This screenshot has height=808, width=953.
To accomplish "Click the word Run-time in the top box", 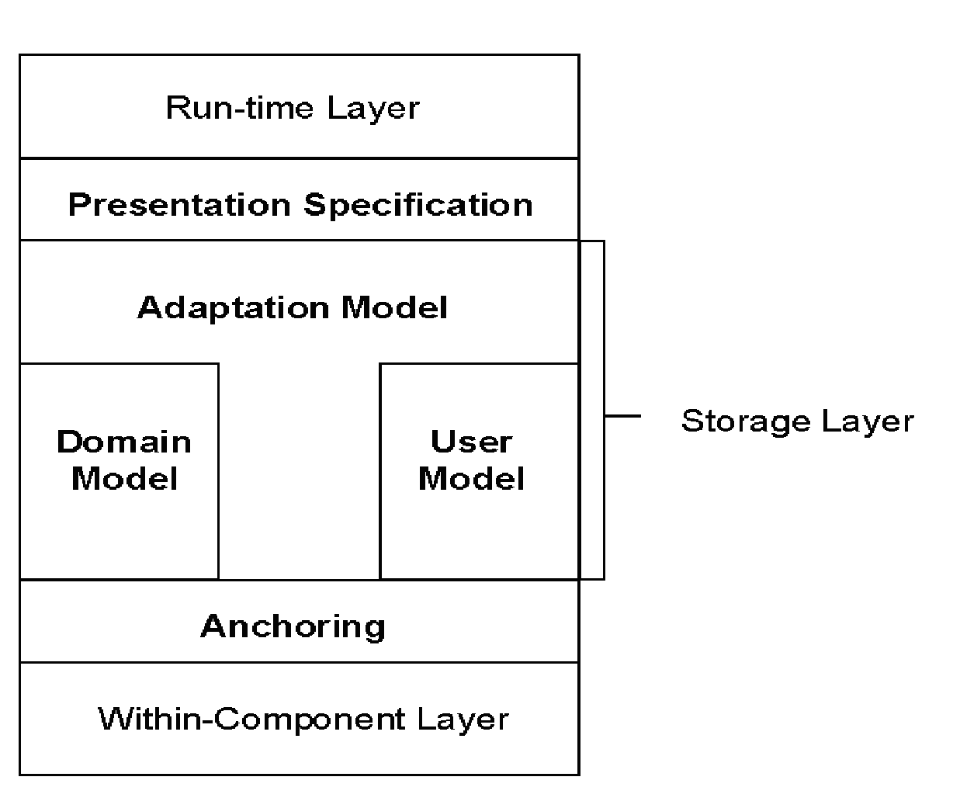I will [x=242, y=107].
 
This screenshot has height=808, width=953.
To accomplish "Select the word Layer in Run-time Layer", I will [x=373, y=107].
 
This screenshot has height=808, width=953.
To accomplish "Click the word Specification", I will [x=418, y=205].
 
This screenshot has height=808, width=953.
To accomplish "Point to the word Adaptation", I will [x=234, y=308].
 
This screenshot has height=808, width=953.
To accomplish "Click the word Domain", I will [x=124, y=442].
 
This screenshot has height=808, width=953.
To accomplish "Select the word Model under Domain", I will [x=124, y=478].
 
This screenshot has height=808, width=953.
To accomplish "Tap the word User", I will [x=471, y=442].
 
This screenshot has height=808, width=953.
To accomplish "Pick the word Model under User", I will [x=471, y=478].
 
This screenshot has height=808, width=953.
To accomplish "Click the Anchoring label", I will [x=293, y=626].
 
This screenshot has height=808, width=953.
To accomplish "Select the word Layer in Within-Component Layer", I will [x=463, y=719].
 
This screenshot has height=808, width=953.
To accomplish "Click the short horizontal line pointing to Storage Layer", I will [x=622, y=416].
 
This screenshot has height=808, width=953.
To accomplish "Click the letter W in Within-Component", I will [x=115, y=719].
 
